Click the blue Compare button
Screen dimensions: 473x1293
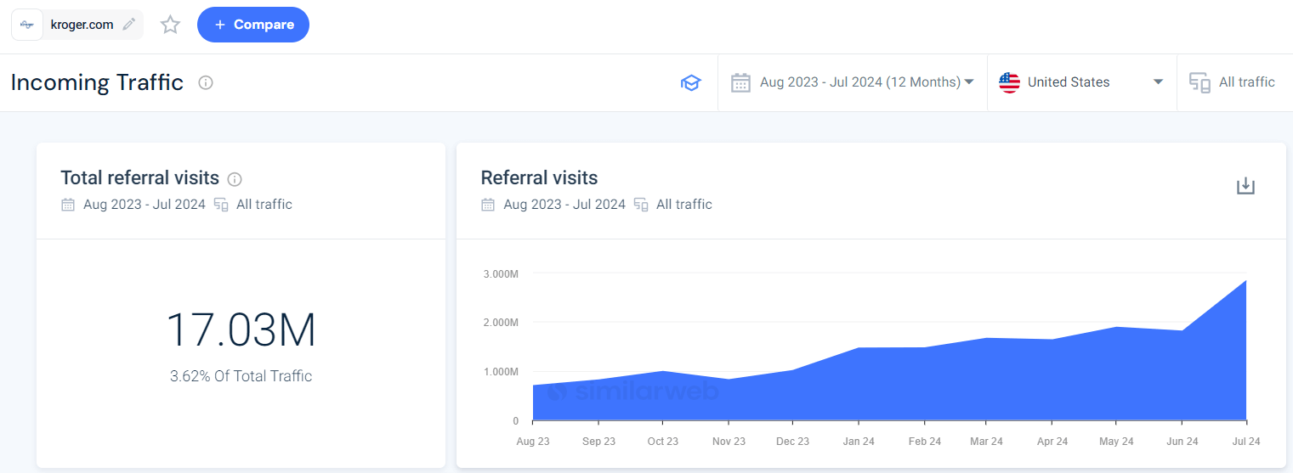(x=252, y=25)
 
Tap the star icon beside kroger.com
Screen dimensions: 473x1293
(x=171, y=25)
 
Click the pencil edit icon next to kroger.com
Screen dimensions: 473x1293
(x=128, y=25)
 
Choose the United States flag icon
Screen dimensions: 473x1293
(x=1009, y=82)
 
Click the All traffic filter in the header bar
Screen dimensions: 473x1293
(x=1233, y=82)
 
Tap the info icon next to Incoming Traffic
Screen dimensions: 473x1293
(x=206, y=82)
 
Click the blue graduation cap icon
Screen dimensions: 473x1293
(x=690, y=82)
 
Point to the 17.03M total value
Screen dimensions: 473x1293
(x=241, y=331)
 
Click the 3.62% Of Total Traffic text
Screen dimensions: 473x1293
(x=241, y=376)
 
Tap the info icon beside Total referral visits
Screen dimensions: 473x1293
(x=235, y=179)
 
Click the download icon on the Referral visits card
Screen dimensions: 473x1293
(x=1245, y=186)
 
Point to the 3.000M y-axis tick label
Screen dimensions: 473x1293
(x=501, y=273)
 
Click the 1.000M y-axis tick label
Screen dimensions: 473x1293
(x=501, y=372)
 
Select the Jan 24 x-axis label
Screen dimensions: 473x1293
(x=858, y=442)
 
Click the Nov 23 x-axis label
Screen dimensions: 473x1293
(x=728, y=442)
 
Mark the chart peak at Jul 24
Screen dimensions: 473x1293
(x=1246, y=280)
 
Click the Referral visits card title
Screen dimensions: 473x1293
(x=539, y=178)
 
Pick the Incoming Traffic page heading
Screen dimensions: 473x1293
(x=97, y=82)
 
